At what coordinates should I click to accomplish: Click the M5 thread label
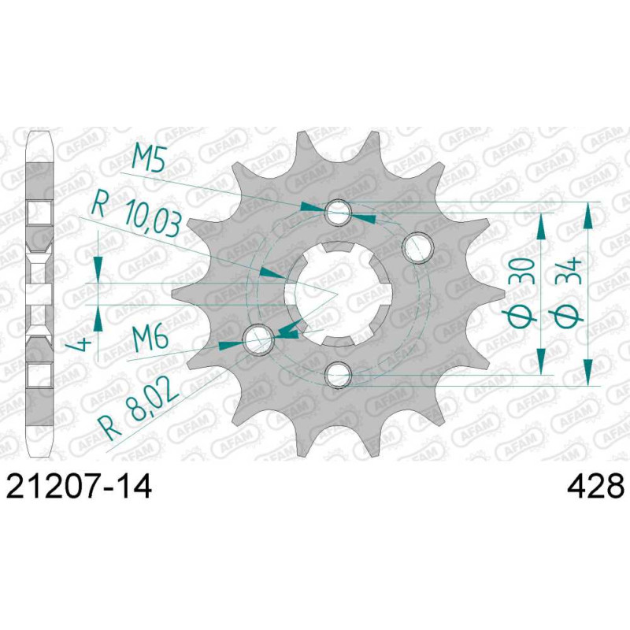(149, 160)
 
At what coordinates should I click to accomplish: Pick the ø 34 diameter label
(567, 291)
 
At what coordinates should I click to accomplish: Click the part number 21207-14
(79, 486)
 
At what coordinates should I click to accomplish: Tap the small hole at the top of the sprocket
(339, 213)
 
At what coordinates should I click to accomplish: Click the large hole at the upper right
(419, 247)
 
